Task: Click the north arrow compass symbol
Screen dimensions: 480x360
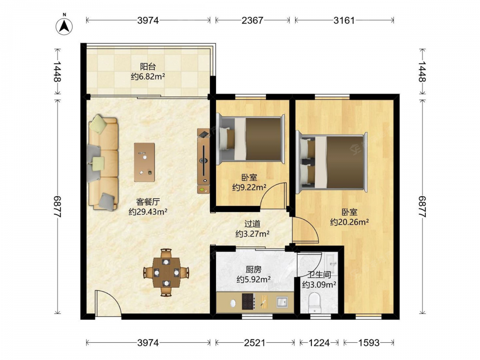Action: click(64, 26)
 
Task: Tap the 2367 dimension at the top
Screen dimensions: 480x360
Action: click(252, 20)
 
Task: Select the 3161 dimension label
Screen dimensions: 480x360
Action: click(344, 20)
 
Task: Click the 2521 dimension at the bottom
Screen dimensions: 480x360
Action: click(255, 343)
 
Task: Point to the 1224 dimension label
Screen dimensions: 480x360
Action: click(319, 343)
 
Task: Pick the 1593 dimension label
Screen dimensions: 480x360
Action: click(369, 343)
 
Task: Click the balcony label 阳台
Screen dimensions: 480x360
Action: click(148, 66)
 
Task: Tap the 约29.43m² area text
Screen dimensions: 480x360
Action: click(148, 212)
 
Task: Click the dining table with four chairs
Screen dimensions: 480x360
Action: click(166, 272)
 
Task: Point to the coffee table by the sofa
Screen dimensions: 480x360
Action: click(144, 162)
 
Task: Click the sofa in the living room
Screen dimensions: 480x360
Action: click(103, 163)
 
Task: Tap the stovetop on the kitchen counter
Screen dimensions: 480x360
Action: click(248, 301)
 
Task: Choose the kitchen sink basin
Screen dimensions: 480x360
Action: click(282, 302)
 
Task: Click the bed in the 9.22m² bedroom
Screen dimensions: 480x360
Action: click(251, 139)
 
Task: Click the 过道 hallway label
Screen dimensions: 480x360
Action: click(252, 224)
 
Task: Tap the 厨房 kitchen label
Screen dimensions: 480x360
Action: click(253, 269)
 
